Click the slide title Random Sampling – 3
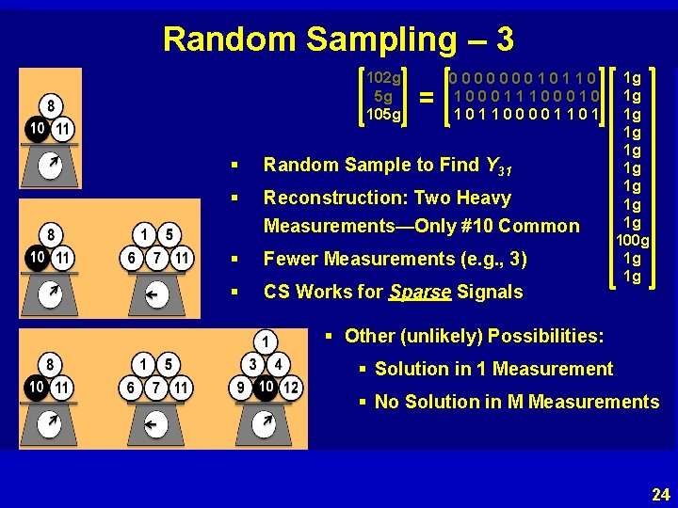tap(338, 39)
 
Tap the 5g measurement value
tap(383, 96)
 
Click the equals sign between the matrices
tap(427, 97)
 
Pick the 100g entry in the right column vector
tap(633, 241)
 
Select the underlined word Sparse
tap(420, 292)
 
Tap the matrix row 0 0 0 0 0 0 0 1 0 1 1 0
tap(524, 77)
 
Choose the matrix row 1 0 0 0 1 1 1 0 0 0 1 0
tap(525, 96)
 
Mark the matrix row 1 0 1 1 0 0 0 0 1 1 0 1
tap(525, 115)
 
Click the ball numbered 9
tap(242, 388)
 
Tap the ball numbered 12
tap(291, 388)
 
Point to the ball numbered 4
tap(279, 364)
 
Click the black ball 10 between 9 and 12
tap(266, 388)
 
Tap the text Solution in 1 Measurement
tap(493, 370)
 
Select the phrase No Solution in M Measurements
tap(517, 402)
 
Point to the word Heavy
tap(481, 198)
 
